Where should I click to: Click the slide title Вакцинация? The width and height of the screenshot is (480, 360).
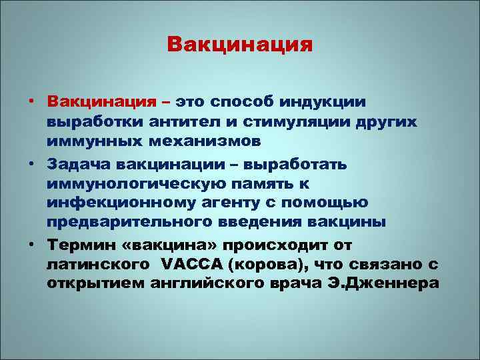click(240, 45)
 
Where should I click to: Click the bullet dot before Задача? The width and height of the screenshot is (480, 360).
click(31, 163)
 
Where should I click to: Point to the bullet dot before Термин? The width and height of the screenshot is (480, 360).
click(31, 244)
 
